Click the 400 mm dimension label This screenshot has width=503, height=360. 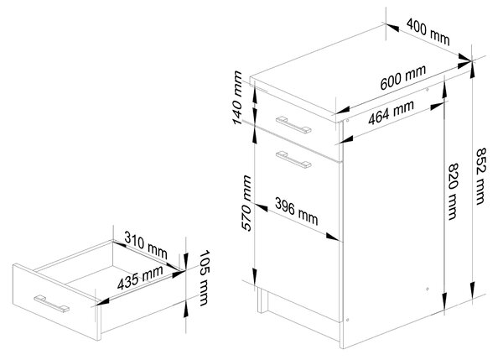(x=428, y=32)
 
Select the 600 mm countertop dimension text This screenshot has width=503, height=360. (x=403, y=77)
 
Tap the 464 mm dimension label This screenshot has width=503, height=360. (x=391, y=112)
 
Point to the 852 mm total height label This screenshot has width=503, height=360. (x=480, y=176)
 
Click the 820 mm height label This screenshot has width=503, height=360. (x=453, y=191)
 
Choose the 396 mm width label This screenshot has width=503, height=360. (x=297, y=211)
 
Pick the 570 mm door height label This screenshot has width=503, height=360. (x=246, y=203)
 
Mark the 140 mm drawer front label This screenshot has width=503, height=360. (x=237, y=97)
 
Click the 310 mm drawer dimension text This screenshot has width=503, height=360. (x=146, y=245)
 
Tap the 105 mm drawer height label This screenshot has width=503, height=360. (x=204, y=278)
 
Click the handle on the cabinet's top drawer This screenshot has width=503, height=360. (x=293, y=124)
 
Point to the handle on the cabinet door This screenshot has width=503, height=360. (x=293, y=159)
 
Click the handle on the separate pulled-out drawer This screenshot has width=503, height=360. (x=51, y=304)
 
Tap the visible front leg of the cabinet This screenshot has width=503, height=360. (x=262, y=300)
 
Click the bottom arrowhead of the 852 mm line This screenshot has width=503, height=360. (x=472, y=290)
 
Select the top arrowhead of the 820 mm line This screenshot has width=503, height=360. (x=444, y=90)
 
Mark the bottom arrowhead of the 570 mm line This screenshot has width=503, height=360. (x=254, y=277)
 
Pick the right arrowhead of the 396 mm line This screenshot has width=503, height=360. (x=333, y=237)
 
